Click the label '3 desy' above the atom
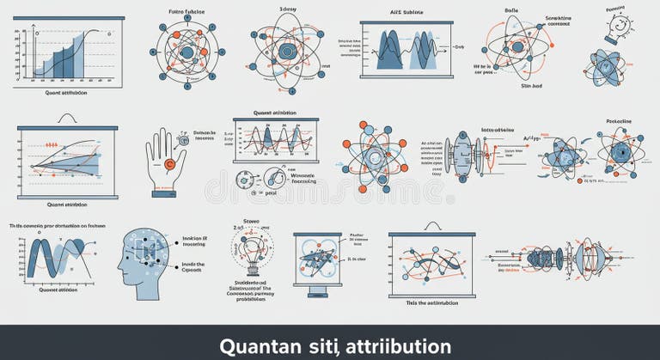pos(288,9)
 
